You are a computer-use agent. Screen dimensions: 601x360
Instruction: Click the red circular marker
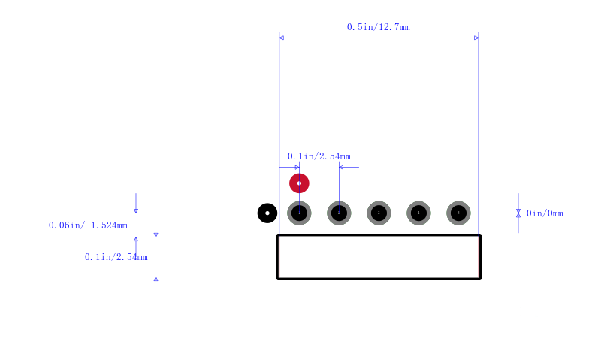(x=299, y=183)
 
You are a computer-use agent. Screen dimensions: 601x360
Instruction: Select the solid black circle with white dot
(x=267, y=213)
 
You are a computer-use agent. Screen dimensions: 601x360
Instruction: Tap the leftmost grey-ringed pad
(x=299, y=213)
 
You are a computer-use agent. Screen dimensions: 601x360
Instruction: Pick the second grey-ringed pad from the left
(x=339, y=213)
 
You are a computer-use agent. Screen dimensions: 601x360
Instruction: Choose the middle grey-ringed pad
(x=379, y=213)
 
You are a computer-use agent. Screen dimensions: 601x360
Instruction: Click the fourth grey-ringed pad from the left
(x=418, y=213)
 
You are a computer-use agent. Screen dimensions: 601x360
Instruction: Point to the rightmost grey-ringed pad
(x=458, y=213)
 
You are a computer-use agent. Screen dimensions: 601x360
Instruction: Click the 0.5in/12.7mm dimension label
(x=379, y=27)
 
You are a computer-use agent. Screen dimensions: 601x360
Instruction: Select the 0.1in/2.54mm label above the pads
(x=319, y=156)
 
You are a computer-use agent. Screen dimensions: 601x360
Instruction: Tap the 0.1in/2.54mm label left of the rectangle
(x=116, y=257)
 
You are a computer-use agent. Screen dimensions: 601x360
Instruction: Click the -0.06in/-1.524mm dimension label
(x=85, y=225)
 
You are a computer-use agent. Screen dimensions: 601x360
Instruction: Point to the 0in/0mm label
(x=545, y=213)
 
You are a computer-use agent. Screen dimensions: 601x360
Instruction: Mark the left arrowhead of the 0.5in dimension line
(x=281, y=38)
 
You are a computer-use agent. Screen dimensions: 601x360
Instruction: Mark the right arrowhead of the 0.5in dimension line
(x=476, y=38)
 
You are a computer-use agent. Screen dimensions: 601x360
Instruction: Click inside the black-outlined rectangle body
(x=379, y=257)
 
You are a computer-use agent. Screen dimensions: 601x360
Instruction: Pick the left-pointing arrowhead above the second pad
(x=341, y=167)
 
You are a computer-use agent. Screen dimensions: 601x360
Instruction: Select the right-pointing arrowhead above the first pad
(x=297, y=167)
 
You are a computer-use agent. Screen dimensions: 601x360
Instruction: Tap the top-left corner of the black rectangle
(x=277, y=235)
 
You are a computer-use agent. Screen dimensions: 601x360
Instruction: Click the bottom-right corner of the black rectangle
(x=480, y=279)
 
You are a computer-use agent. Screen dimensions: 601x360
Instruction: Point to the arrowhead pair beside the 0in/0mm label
(x=518, y=213)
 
